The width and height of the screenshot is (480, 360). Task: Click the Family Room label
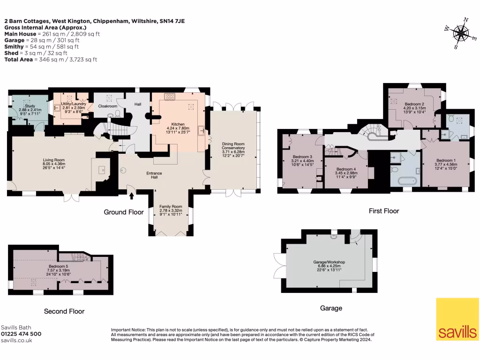pos(171,207)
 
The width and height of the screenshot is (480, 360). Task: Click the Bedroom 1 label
pos(446,160)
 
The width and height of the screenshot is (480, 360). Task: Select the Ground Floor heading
pos(124,212)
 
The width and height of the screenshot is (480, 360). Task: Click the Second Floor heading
pos(64,311)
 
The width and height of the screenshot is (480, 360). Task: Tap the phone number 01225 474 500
pos(21,334)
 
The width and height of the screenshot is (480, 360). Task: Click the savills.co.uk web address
pos(16,340)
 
